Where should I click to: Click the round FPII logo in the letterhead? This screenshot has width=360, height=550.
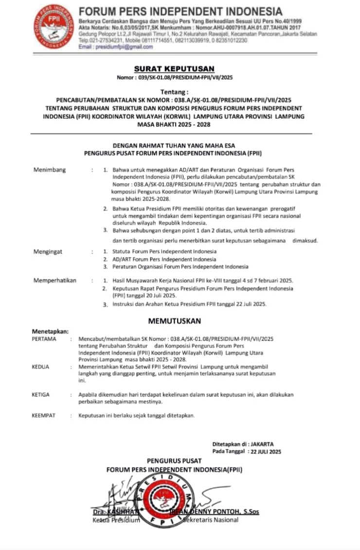(54, 27)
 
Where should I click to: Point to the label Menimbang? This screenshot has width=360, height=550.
(49, 170)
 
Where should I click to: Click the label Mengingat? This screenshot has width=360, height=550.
(48, 251)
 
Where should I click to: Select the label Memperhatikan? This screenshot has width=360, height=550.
(55, 281)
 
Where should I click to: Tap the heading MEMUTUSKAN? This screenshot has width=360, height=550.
(174, 321)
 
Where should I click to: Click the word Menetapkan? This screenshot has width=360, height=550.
(50, 331)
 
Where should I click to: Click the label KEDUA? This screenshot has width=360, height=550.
(40, 367)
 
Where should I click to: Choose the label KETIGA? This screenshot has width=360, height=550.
(41, 395)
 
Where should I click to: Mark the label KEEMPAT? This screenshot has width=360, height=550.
(42, 416)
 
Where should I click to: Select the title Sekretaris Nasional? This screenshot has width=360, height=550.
(211, 520)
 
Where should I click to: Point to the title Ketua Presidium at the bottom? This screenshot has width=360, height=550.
(116, 520)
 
